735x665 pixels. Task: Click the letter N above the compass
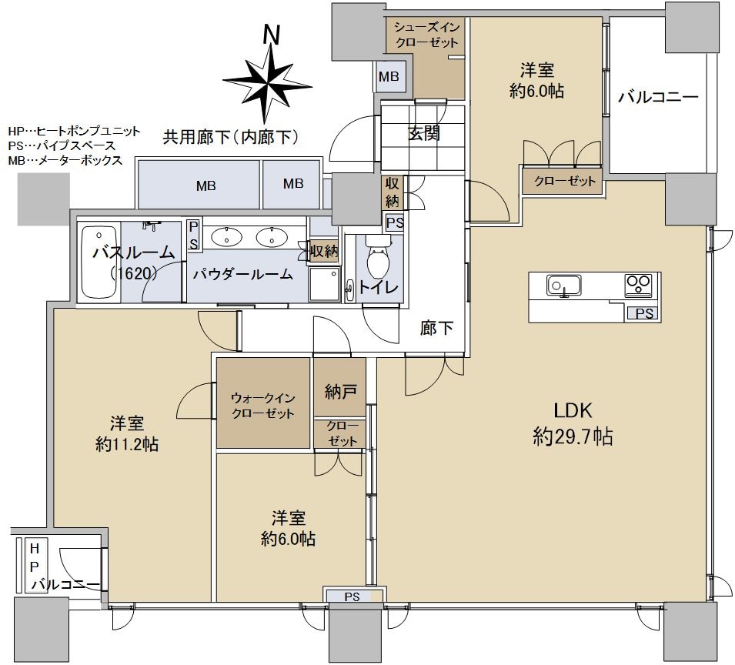click(x=270, y=35)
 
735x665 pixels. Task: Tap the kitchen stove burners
click(x=639, y=286)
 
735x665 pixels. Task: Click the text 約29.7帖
click(x=573, y=438)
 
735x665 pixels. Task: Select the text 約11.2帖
click(x=127, y=444)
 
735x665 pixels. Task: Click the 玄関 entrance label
click(x=423, y=134)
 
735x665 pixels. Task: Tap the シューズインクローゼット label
click(x=426, y=35)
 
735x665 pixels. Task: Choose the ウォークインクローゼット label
click(x=263, y=406)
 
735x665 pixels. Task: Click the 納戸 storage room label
click(x=339, y=392)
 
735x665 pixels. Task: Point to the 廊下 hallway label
click(x=436, y=329)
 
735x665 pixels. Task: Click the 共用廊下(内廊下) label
click(x=230, y=138)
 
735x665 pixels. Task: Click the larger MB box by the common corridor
click(x=205, y=185)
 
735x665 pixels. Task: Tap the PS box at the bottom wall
click(x=352, y=596)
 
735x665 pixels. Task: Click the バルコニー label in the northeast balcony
click(x=658, y=98)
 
